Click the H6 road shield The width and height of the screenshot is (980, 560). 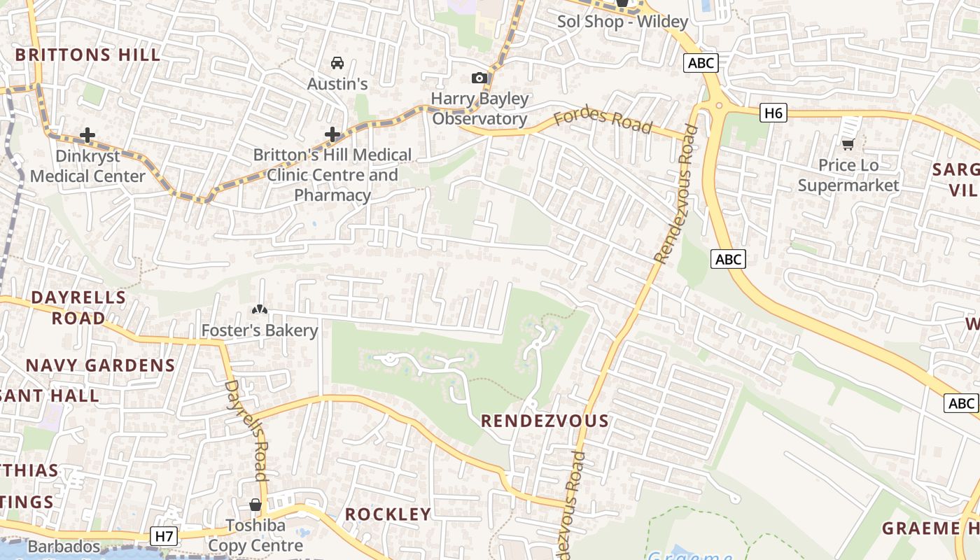tap(773, 112)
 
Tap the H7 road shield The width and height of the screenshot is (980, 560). tap(164, 536)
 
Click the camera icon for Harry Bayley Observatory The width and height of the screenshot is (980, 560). tap(479, 78)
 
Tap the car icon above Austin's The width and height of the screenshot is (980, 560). tap(337, 63)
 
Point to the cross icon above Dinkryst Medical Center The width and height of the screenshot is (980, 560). tap(87, 134)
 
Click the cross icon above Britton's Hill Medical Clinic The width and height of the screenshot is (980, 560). tap(332, 134)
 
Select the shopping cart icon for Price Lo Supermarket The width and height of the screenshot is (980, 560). tap(848, 144)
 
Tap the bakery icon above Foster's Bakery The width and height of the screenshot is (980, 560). tap(260, 309)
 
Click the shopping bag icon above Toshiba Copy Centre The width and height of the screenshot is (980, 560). tap(255, 505)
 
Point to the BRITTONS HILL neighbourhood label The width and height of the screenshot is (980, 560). tap(87, 55)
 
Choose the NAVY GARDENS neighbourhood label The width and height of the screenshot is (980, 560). tap(100, 365)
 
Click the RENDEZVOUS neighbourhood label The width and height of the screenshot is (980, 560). tap(545, 421)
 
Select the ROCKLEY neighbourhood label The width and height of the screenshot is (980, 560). tap(388, 514)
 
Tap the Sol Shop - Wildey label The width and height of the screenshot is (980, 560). tap(622, 22)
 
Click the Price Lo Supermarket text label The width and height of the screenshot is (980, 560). tap(848, 175)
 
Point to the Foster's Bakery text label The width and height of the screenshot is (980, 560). tap(260, 330)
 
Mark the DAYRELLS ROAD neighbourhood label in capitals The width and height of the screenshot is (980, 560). tap(78, 307)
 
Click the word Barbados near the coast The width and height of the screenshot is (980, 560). tap(64, 546)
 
